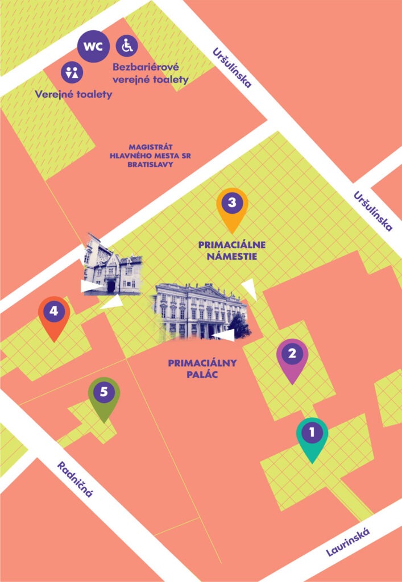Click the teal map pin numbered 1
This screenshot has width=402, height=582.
click(x=312, y=435)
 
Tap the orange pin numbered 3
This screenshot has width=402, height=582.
click(x=232, y=205)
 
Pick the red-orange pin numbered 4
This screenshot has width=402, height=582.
click(x=54, y=313)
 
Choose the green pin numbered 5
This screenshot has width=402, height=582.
click(x=103, y=394)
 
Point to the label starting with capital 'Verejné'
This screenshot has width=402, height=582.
click(x=73, y=94)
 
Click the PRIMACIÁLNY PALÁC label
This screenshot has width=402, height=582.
click(x=202, y=368)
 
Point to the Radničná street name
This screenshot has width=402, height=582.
click(x=74, y=479)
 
